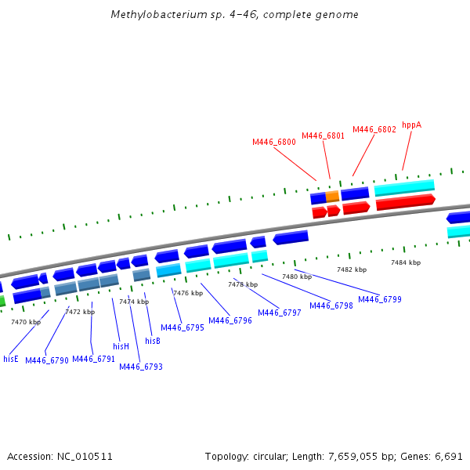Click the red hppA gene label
pos(411,125)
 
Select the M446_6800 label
pos(274,142)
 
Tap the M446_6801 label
pos(323,136)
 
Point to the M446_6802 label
pos(374,129)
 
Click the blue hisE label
pos(11,359)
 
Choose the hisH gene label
pos(121,345)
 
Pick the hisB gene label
pos(153,341)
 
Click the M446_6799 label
pos(380,299)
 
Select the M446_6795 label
pos(183,327)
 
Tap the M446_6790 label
pos(47,360)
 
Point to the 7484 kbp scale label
pos(406,262)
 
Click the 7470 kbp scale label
pos(26,322)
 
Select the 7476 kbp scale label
pos(188,293)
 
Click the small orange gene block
pos(332,196)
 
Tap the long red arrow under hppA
pos(405,203)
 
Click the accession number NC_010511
pos(85,456)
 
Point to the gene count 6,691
pos(450,456)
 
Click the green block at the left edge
pos(2,300)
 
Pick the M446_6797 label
pos(280,313)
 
